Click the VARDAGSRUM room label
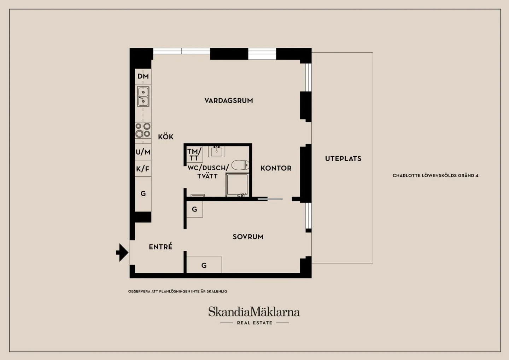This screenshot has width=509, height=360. (229, 100)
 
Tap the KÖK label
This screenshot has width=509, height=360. (166, 137)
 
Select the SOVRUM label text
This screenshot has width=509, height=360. (248, 237)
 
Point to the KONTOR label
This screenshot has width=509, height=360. (276, 168)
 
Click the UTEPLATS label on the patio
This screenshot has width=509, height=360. (343, 159)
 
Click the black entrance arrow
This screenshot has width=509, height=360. (122, 252)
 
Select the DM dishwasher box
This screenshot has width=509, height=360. (143, 77)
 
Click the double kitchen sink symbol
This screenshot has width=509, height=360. (143, 96)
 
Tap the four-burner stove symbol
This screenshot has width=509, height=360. (143, 130)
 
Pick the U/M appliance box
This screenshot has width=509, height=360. (143, 152)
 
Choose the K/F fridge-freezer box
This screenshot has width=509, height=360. (143, 168)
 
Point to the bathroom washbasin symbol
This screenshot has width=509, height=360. (217, 152)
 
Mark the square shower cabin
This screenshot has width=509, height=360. (237, 185)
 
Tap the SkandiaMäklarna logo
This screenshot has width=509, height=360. (254, 312)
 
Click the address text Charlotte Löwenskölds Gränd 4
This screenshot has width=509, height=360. (435, 175)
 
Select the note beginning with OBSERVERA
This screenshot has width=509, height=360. (177, 291)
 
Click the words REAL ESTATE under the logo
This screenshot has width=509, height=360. (255, 323)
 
